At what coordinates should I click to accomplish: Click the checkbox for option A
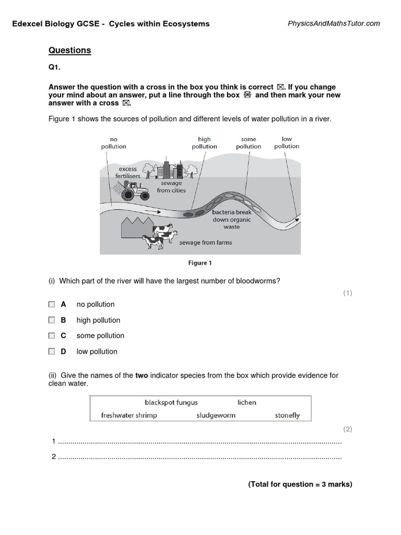pyautogui.click(x=51, y=304)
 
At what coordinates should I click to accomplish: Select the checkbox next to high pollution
pyautogui.click(x=51, y=320)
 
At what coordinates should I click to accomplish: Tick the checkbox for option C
pyautogui.click(x=51, y=335)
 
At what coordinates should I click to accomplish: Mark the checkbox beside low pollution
pyautogui.click(x=51, y=352)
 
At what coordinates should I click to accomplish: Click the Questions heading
pyautogui.click(x=69, y=51)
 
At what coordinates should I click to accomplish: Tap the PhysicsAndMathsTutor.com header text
pyautogui.click(x=334, y=24)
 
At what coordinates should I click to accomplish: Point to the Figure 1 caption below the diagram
pyautogui.click(x=200, y=263)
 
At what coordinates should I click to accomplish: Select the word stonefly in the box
pyautogui.click(x=287, y=415)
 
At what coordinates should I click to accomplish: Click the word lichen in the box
pyautogui.click(x=247, y=402)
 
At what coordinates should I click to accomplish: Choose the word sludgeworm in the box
pyautogui.click(x=216, y=415)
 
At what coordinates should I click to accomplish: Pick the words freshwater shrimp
pyautogui.click(x=129, y=415)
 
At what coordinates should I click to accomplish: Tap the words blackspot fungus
pyautogui.click(x=171, y=402)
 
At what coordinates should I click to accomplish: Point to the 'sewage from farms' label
pyautogui.click(x=206, y=243)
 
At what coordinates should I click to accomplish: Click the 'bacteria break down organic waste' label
pyautogui.click(x=231, y=220)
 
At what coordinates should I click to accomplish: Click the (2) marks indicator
pyautogui.click(x=348, y=429)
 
